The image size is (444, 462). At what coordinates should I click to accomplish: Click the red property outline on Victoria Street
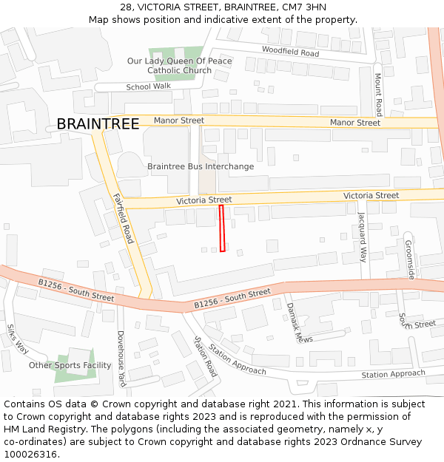[x=222, y=228]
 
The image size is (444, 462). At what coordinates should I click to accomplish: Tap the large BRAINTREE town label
[x=98, y=124]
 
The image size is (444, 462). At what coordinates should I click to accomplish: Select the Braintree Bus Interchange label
[x=201, y=166]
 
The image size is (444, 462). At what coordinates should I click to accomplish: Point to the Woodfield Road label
[x=290, y=52]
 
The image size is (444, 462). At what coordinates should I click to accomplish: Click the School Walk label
[x=148, y=86]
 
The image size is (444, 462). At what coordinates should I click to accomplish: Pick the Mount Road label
[x=378, y=94]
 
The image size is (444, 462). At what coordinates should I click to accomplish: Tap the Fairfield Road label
[x=124, y=218]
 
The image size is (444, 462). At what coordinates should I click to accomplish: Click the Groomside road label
[x=410, y=259]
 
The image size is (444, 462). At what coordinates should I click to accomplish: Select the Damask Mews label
[x=300, y=322]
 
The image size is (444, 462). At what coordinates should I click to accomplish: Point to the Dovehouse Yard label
[x=121, y=359]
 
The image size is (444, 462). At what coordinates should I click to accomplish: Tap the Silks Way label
[x=17, y=339]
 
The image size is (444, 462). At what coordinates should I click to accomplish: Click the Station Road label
[x=205, y=356]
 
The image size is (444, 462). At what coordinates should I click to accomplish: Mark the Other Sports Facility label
[x=70, y=365]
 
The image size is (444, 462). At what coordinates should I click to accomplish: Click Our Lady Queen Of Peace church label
[x=179, y=66]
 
